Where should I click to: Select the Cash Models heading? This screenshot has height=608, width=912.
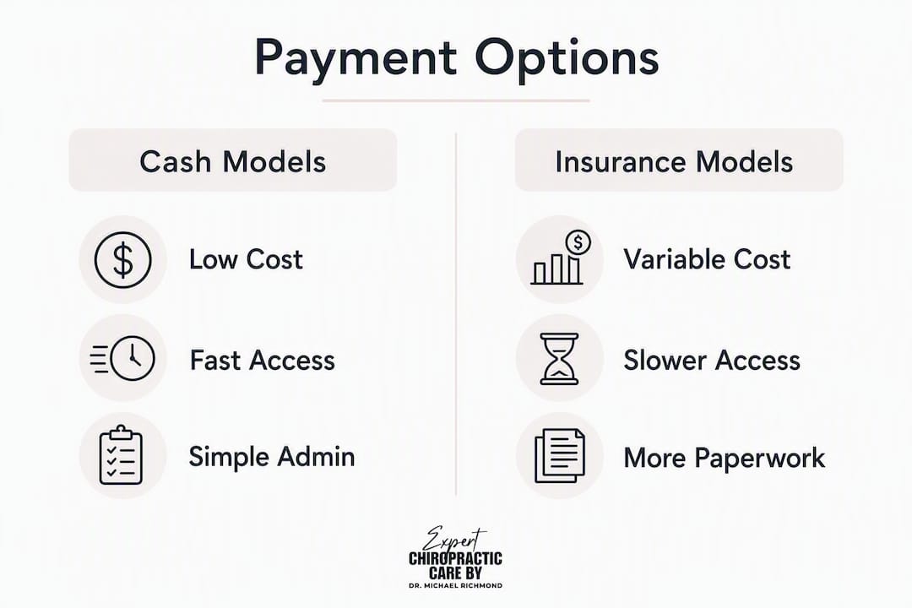tap(233, 161)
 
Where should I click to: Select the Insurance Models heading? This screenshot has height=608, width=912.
tap(674, 161)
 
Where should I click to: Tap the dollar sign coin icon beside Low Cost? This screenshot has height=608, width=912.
tap(122, 259)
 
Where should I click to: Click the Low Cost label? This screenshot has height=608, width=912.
tap(246, 259)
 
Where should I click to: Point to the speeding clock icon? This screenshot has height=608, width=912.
tap(122, 358)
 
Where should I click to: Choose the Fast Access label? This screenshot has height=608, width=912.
tap(263, 360)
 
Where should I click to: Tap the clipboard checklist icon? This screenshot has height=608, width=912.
tap(121, 455)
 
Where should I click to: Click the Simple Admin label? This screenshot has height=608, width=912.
tap(272, 456)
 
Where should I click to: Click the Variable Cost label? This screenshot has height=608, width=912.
tap(707, 259)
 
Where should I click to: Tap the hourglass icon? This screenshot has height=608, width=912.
tap(560, 358)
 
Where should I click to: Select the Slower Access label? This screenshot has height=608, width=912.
tap(712, 360)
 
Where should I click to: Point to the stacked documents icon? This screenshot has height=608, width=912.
tap(560, 455)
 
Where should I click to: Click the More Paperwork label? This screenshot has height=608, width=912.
tap(725, 458)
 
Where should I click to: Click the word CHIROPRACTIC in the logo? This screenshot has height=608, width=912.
tap(455, 559)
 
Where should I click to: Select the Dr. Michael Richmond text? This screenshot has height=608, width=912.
tap(455, 585)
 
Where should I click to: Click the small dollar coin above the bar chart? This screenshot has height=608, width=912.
tap(578, 242)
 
